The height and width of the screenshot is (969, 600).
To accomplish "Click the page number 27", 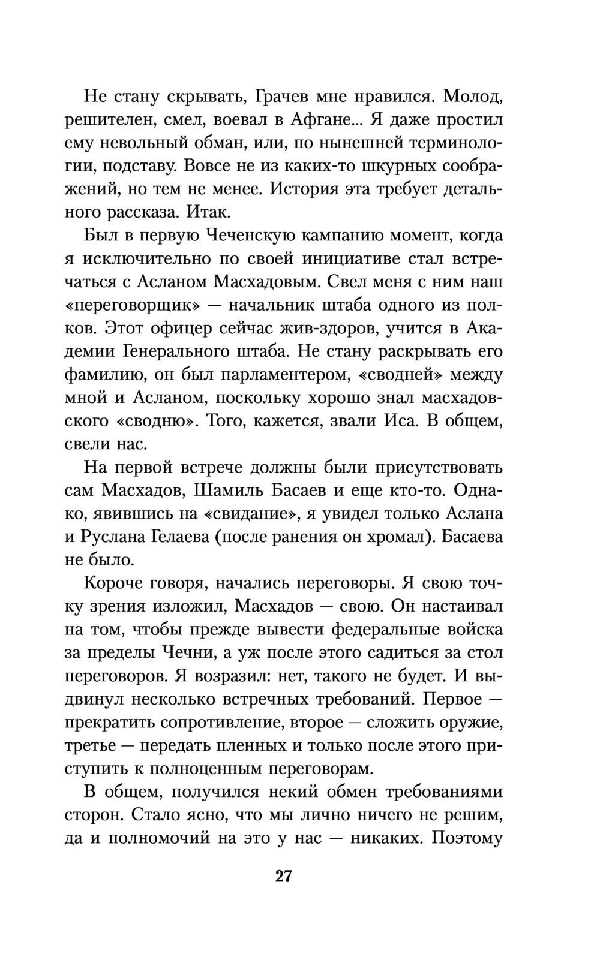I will coord(283,876).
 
